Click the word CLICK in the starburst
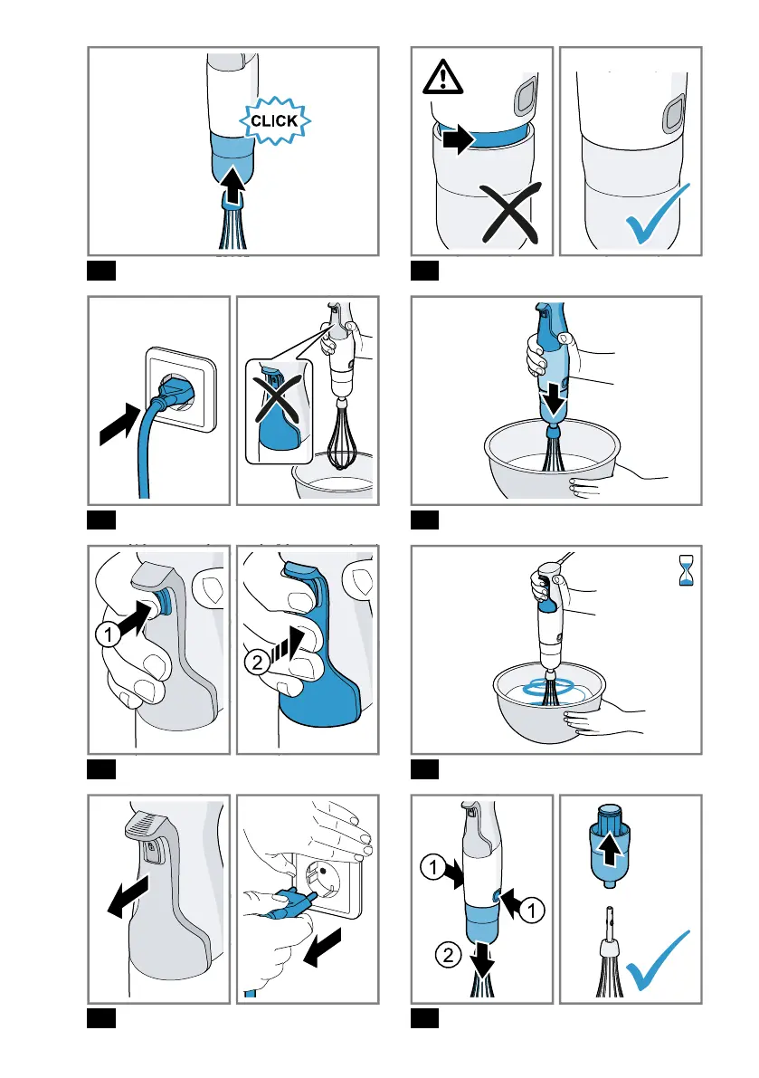click(x=274, y=121)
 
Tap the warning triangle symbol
click(x=442, y=76)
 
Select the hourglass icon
click(x=686, y=570)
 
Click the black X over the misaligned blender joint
click(x=510, y=213)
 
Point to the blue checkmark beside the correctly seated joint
click(x=657, y=214)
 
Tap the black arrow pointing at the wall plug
click(x=122, y=424)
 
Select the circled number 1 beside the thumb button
click(x=108, y=634)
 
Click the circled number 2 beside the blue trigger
click(x=257, y=662)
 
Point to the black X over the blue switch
click(x=279, y=399)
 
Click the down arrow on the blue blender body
click(x=554, y=399)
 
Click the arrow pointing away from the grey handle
click(x=128, y=896)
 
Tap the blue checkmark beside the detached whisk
click(x=658, y=960)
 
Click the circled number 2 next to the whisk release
click(x=449, y=954)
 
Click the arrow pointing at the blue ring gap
click(x=458, y=140)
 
